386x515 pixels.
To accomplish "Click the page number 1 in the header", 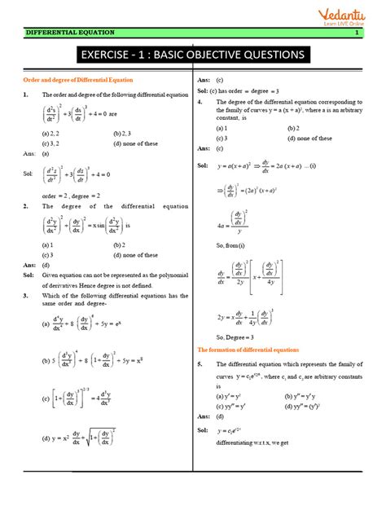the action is click(357, 33).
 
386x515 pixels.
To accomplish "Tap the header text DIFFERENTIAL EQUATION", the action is click(70, 33).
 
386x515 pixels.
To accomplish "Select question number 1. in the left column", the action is click(27, 95).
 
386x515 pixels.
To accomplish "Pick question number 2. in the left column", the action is click(27, 206).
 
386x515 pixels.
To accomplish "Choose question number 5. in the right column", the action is click(200, 363).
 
